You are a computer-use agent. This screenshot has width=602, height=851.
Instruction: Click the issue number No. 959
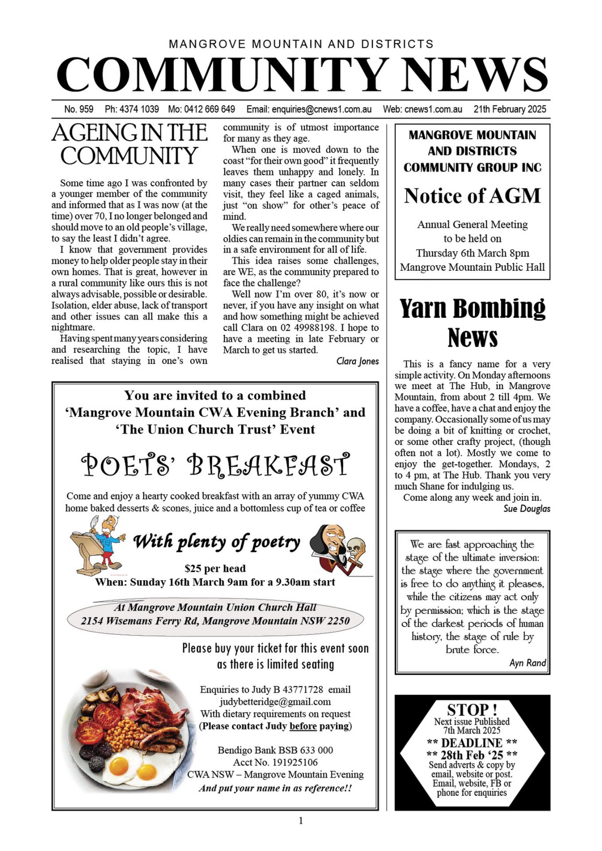click(78, 109)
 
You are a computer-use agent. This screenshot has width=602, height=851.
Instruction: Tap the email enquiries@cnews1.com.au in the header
click(321, 109)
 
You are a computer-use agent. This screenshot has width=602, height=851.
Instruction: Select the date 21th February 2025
click(509, 109)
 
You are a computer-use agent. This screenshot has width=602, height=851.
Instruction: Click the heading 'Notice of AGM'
click(472, 196)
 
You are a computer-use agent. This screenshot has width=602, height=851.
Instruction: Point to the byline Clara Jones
click(357, 361)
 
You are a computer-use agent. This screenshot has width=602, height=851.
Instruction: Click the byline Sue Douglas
click(527, 509)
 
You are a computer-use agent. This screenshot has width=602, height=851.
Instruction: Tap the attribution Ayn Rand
click(528, 663)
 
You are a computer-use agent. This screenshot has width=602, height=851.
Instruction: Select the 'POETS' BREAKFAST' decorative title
click(215, 465)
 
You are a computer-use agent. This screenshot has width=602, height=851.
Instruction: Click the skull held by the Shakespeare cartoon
click(356, 548)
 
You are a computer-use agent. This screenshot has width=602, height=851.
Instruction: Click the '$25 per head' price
click(215, 569)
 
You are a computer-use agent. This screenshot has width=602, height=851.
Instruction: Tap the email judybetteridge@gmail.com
click(275, 702)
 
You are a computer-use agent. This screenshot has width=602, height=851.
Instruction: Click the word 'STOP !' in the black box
click(472, 710)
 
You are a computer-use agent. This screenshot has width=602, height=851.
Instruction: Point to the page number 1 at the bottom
click(301, 821)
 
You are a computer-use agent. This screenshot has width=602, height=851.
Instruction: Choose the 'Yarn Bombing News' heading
click(472, 322)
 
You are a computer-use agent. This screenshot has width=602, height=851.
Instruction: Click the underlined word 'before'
click(303, 726)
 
